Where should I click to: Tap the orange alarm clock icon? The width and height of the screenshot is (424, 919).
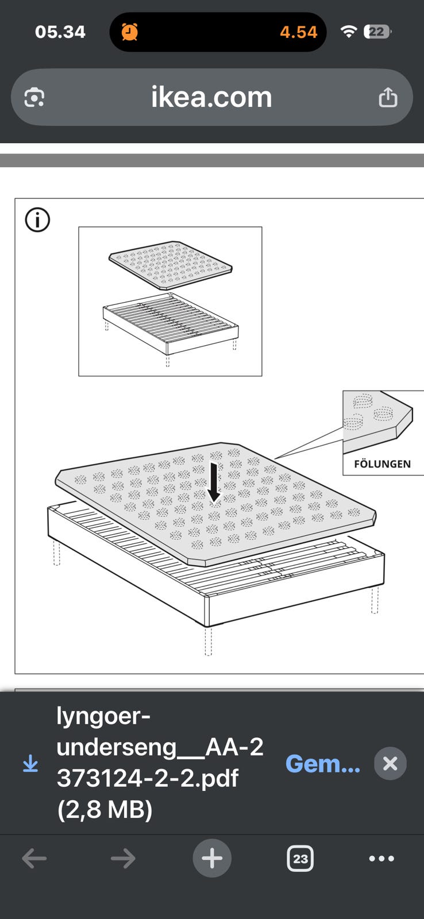tap(130, 32)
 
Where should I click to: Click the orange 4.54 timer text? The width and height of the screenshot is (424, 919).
tap(298, 32)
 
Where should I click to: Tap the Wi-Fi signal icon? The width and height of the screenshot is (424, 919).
tap(349, 31)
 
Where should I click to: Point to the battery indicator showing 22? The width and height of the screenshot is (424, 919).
tap(377, 32)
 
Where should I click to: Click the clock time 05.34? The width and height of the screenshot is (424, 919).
tap(60, 32)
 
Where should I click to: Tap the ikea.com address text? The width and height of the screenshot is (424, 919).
tap(211, 97)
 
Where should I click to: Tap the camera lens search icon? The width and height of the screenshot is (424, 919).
tap(34, 98)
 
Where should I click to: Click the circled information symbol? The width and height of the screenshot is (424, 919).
tap(37, 220)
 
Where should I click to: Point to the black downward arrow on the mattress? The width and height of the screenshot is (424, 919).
tap(214, 482)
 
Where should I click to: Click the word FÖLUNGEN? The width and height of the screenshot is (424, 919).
tap(382, 464)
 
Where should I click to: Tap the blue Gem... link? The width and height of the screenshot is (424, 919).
tap(323, 763)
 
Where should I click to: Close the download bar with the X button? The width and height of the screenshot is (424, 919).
tap(390, 763)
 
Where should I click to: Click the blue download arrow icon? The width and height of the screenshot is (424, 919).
tap(30, 764)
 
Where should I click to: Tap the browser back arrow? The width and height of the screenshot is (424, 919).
tap(34, 858)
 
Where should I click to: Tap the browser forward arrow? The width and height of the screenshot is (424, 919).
tap(123, 858)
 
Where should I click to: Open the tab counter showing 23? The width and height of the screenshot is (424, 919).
tap(300, 858)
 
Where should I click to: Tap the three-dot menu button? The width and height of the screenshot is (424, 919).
tap(381, 858)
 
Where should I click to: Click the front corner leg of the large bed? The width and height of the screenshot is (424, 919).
tap(208, 641)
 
